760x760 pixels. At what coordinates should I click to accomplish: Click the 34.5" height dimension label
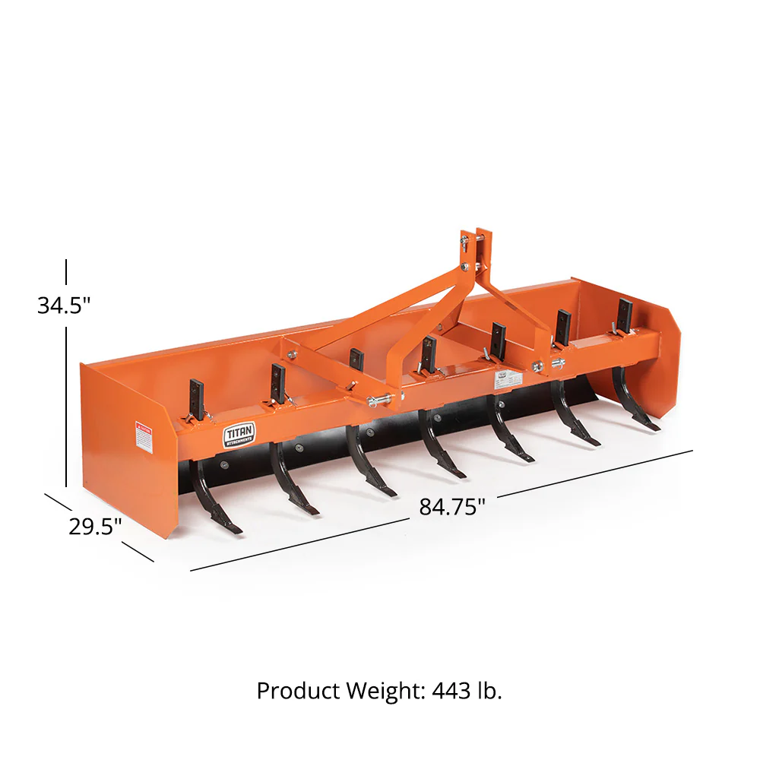(64, 305)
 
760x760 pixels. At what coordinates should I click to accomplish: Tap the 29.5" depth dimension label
(95, 526)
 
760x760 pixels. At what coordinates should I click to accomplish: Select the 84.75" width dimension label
(452, 506)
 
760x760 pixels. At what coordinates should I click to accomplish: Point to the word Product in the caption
(299, 691)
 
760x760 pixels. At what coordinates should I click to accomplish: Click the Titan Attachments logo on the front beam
(239, 435)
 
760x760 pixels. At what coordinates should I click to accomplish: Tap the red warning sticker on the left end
(143, 435)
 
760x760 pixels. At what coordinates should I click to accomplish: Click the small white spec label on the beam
(502, 375)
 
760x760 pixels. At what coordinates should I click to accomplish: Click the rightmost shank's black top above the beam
(624, 315)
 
